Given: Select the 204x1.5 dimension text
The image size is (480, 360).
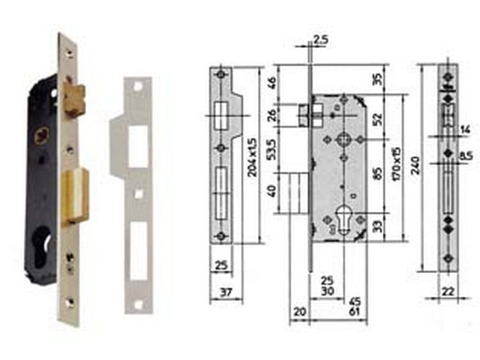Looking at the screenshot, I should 252,156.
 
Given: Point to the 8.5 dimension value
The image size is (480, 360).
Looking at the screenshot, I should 466,157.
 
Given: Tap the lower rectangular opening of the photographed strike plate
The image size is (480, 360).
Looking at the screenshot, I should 138,250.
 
